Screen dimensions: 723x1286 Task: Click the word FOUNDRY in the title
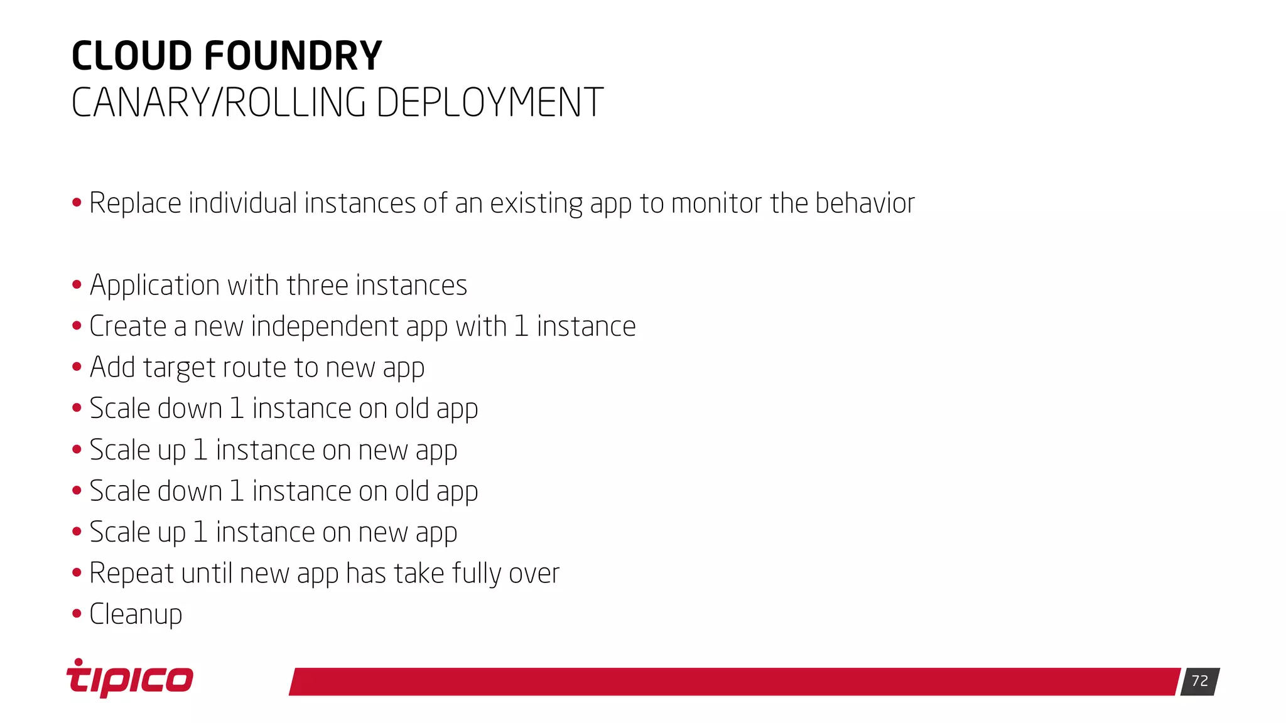[x=293, y=56]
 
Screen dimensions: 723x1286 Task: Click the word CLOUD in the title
[x=132, y=56]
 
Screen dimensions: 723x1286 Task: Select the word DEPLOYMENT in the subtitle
[x=489, y=102]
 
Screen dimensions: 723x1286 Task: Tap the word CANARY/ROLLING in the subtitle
[x=219, y=102]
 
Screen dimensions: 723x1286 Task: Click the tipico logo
[x=130, y=679]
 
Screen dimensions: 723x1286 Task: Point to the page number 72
[x=1199, y=681]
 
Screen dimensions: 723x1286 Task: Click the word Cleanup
[x=136, y=614]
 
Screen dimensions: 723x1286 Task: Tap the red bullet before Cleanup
[x=77, y=613]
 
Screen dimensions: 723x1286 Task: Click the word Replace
[x=135, y=203]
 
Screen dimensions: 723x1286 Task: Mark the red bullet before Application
[x=77, y=284]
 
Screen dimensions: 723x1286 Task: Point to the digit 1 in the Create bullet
[x=521, y=326]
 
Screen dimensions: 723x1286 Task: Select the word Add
[x=112, y=368]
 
